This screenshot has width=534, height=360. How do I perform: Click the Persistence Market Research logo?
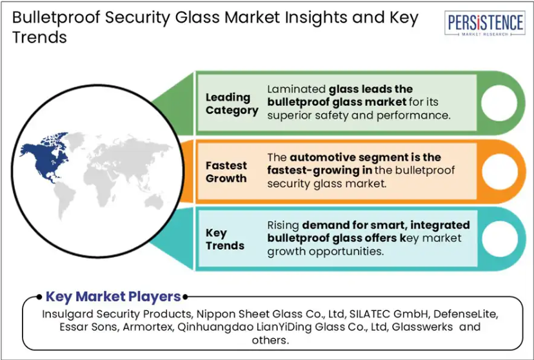coord(485,23)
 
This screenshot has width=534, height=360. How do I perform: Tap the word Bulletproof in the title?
coord(56,17)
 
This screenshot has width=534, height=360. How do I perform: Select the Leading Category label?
coord(232,103)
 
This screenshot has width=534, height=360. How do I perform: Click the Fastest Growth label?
coord(226,172)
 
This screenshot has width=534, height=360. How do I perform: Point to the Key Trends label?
coord(225,239)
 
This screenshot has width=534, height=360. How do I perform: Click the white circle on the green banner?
coord(499,103)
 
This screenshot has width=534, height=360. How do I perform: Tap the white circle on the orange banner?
coord(499,172)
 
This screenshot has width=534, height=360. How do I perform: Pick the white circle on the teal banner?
coord(500,239)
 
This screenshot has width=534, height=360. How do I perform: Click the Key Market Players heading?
coord(113,297)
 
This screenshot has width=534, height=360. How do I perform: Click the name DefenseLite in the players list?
coord(466,314)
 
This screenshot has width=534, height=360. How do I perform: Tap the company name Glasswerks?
coord(422,327)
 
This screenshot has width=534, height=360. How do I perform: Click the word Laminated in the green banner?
coord(296,89)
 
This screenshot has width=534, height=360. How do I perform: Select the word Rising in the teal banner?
coord(283,225)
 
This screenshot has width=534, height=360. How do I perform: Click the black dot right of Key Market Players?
coord(185,297)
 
